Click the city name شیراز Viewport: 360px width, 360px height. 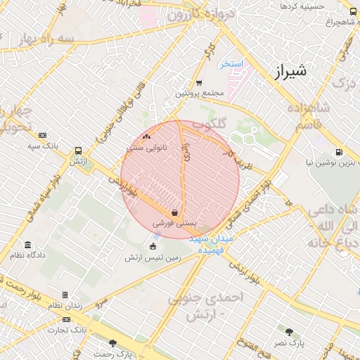tap(289, 71)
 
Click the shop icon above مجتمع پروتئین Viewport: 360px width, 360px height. tap(199, 82)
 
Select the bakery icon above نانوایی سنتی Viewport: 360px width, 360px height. tap(146, 137)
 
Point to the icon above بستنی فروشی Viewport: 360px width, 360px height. tap(174, 212)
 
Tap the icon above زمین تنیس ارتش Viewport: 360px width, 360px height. tap(153, 245)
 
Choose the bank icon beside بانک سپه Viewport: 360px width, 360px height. tap(43, 135)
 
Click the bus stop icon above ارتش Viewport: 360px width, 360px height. tap(77, 150)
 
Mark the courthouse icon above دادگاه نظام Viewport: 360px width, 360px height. tap(27, 245)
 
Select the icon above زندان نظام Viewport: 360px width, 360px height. tap(65, 295)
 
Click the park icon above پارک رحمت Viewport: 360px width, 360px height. tap(112, 342)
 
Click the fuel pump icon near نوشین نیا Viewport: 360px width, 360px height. tap(340, 152)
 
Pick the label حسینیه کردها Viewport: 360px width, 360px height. tap(302, 6)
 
